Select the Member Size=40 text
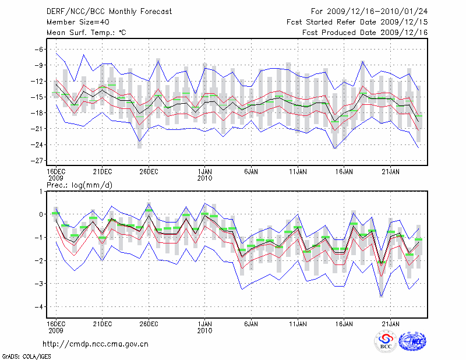pyautogui.click(x=73, y=22)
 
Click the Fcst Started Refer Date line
pyautogui.click(x=357, y=22)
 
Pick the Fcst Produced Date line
pyautogui.click(x=365, y=33)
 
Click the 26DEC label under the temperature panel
pyautogui.click(x=149, y=172)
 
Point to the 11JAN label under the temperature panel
pyautogui.click(x=298, y=172)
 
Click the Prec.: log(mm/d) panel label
pyautogui.click(x=79, y=185)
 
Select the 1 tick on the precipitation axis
pyautogui.click(x=40, y=192)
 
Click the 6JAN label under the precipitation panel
pyautogui.click(x=251, y=323)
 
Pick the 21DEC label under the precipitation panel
pyautogui.click(x=102, y=323)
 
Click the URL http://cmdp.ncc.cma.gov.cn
pyautogui.click(x=96, y=344)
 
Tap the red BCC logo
pyautogui.click(x=385, y=341)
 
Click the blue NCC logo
pyautogui.click(x=413, y=341)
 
